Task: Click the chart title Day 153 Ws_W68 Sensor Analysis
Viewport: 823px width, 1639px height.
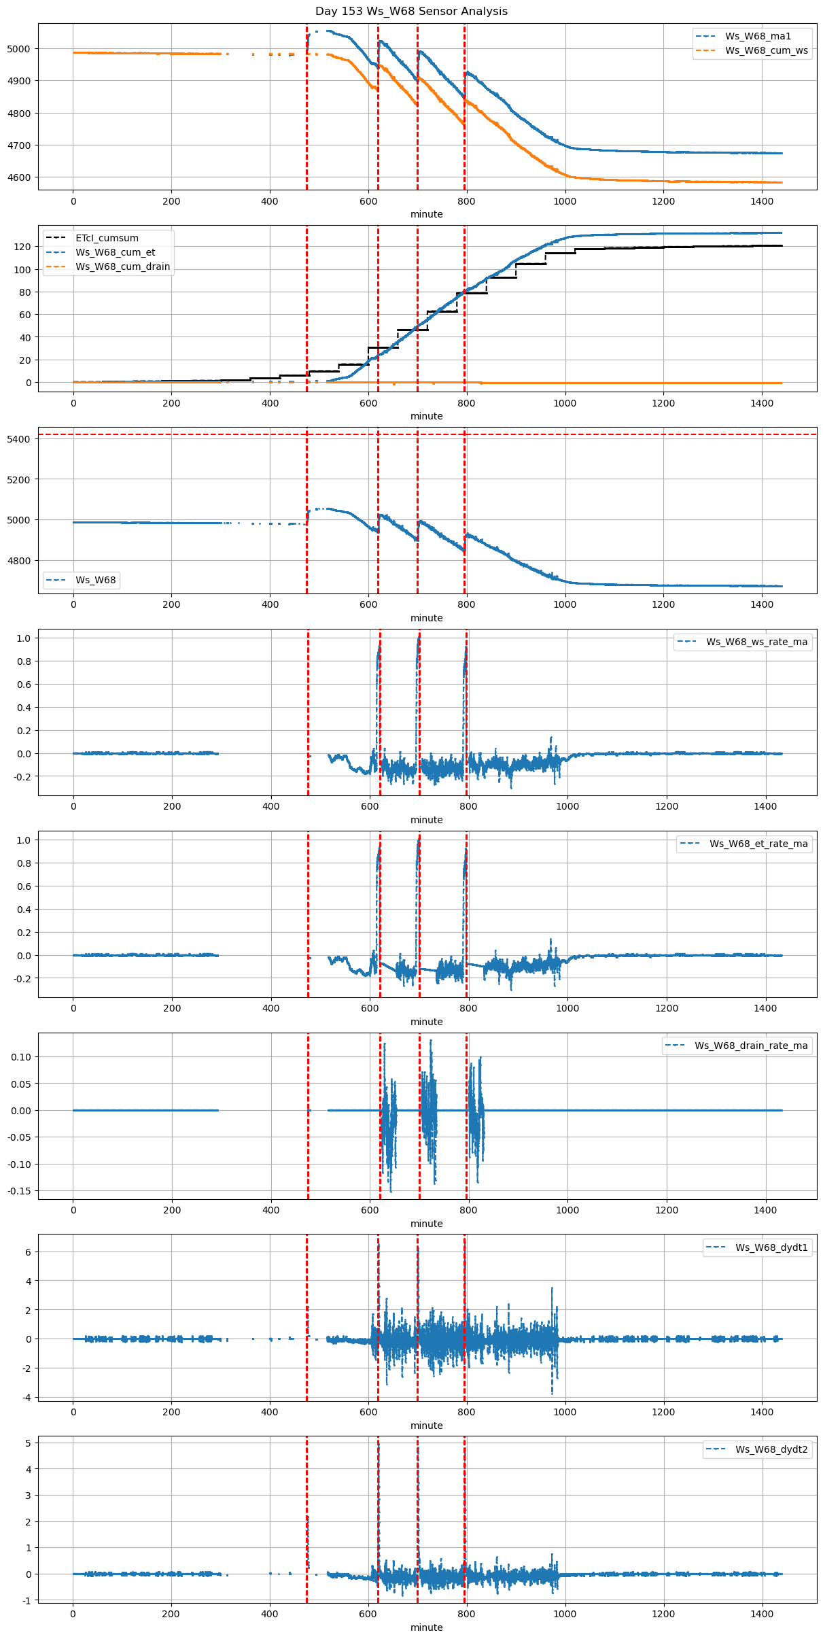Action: click(x=411, y=12)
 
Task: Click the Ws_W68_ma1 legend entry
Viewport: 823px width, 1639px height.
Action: click(x=758, y=36)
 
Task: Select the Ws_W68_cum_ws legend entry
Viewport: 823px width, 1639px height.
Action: click(x=766, y=50)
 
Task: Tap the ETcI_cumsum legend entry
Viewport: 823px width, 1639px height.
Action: click(x=107, y=238)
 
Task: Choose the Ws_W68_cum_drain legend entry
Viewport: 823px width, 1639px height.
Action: click(x=122, y=266)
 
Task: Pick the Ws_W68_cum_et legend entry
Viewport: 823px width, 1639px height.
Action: click(x=115, y=252)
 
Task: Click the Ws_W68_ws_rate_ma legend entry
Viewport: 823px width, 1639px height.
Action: click(x=756, y=642)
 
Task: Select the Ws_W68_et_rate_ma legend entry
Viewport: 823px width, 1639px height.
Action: click(x=758, y=844)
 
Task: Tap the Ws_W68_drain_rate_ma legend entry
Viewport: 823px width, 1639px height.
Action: click(x=751, y=1046)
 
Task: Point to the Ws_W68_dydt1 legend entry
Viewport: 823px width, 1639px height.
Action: click(x=771, y=1247)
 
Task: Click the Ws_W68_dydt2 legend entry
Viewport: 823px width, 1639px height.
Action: click(x=771, y=1449)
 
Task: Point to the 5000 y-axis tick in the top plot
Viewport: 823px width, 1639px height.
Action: click(x=18, y=49)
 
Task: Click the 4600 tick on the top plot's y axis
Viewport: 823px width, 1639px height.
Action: click(x=18, y=177)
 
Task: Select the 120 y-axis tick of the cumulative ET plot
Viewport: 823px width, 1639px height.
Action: click(x=22, y=247)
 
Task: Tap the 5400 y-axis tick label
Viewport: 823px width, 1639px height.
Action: click(x=18, y=439)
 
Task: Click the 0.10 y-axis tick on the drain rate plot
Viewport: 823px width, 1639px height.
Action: click(x=20, y=1057)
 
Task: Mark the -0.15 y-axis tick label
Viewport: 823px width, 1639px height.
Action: click(x=19, y=1191)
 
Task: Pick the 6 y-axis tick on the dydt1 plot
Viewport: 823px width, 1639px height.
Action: click(x=27, y=1252)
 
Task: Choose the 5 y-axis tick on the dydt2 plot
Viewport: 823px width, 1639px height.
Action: click(x=27, y=1443)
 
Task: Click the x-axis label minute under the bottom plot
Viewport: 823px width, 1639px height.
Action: click(x=426, y=1627)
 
